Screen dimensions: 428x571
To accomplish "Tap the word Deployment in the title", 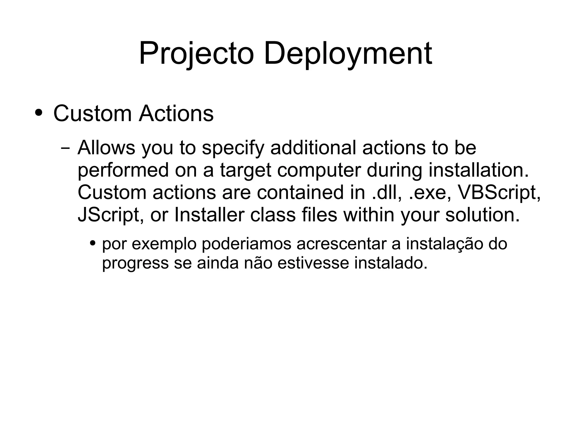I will click(x=348, y=54).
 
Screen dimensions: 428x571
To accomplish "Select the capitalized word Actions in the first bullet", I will click(x=176, y=113).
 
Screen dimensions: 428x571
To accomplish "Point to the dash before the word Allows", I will click(x=65, y=148).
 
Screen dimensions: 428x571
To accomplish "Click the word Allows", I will click(x=106, y=147).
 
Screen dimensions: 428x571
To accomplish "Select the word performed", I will click(x=123, y=170).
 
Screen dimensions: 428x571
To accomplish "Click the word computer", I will click(x=319, y=170).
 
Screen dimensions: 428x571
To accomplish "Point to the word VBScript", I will click(x=499, y=192).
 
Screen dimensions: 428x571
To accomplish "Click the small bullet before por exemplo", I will click(x=93, y=243).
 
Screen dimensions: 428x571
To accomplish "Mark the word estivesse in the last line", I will click(x=313, y=263).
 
